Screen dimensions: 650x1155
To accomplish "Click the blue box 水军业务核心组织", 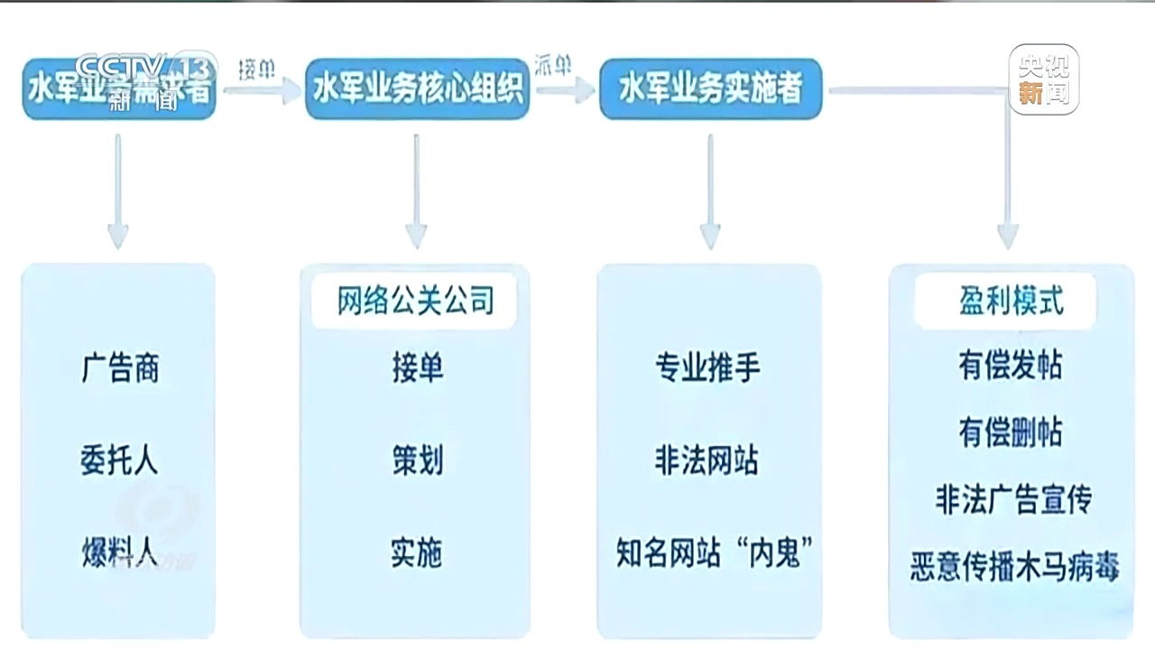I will [417, 88].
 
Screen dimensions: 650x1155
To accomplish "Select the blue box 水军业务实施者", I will [710, 88].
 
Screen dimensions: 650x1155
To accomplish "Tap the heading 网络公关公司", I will [415, 302].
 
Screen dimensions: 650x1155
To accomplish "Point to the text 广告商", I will [120, 368].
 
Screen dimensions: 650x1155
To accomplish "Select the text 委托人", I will [119, 460].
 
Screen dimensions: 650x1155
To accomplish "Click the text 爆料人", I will [119, 552].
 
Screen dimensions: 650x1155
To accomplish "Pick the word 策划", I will [417, 460].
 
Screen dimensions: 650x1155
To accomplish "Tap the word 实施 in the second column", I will [416, 552].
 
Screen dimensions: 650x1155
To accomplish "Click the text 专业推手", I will [708, 368].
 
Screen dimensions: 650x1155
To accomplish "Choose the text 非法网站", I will [707, 460].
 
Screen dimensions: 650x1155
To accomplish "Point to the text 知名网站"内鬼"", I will [708, 552].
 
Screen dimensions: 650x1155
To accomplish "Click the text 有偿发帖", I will [1011, 366].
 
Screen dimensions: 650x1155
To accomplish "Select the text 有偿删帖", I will [1011, 432].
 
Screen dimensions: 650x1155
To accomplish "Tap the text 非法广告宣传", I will [1012, 499].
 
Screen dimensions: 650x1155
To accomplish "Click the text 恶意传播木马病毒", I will [1014, 567].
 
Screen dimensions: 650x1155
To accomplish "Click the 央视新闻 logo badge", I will [1043, 79].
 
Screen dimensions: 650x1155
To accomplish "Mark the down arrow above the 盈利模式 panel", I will [1008, 208].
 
